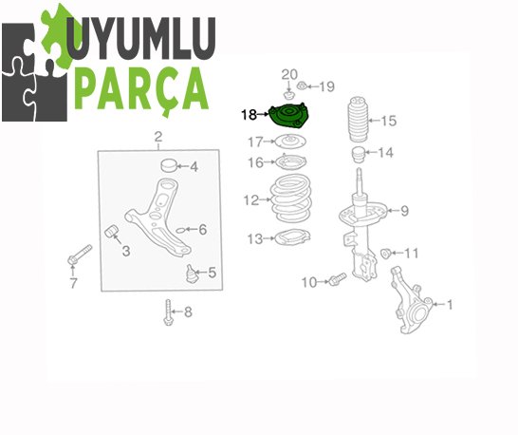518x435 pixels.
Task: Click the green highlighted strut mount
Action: pos(288,116)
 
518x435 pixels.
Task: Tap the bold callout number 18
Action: pos(250,115)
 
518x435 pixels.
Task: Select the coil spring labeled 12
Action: pos(291,199)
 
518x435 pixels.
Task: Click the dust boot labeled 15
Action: pos(358,119)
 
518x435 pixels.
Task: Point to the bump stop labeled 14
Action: pos(358,155)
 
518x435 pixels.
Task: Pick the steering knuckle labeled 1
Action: pos(412,300)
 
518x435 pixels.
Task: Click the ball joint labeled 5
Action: pos(192,274)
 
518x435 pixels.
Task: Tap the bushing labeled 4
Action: pos(169,165)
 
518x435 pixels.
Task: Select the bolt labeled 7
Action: pos(80,255)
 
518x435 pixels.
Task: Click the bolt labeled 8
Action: pos(168,312)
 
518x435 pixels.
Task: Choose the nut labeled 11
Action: pos(385,254)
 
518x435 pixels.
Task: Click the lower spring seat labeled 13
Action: pos(292,237)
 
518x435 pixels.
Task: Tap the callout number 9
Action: pos(404,211)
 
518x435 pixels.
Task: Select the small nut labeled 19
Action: pos(301,86)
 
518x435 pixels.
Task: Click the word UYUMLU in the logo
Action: pos(141,38)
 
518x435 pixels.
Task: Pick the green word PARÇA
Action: pos(142,88)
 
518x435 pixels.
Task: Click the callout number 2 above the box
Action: pos(158,136)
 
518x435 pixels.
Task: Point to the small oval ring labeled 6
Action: pos(180,230)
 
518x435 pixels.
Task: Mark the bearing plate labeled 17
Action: pos(290,142)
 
